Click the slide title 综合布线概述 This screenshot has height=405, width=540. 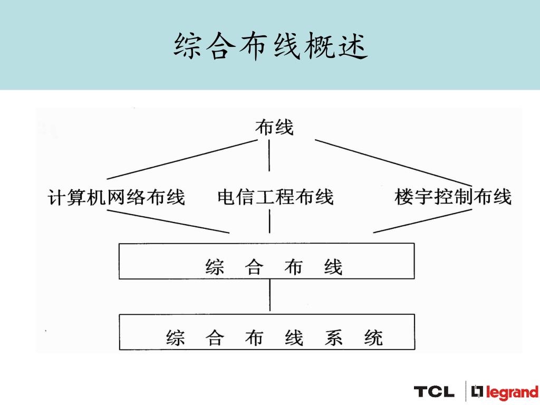coord(269,46)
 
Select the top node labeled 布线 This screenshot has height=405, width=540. coord(274,127)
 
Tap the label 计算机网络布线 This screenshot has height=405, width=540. coord(117,197)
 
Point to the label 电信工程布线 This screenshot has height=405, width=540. coord(275,197)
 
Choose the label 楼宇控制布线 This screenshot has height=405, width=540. coord(453,197)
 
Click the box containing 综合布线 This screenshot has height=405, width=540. coord(266,261)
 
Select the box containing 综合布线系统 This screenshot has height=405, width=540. coord(266,332)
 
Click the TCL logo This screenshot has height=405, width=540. coord(433,392)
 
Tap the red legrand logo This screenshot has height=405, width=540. coord(505,392)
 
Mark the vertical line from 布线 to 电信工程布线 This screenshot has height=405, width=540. coord(270,155)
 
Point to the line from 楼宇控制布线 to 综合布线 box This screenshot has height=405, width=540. coord(422,221)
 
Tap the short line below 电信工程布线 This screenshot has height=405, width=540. coord(270,221)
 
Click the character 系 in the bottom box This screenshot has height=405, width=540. coord(333,337)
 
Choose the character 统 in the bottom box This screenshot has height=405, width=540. coord(373,337)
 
